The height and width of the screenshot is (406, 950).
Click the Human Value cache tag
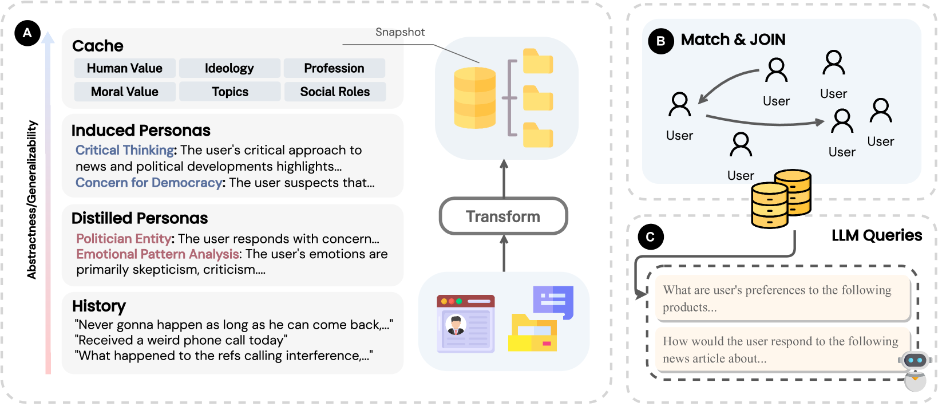125,68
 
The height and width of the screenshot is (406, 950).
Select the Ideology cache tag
229,68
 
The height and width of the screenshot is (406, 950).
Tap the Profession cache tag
334,68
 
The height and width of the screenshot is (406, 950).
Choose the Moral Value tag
125,92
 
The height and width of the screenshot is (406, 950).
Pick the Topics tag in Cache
230,92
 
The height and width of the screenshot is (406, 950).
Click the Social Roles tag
335,92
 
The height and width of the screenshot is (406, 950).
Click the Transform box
503,216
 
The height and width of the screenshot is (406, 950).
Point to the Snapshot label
400,32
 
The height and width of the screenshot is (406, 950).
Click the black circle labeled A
27,33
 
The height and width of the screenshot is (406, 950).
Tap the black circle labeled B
660,41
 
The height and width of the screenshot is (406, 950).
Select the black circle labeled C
650,237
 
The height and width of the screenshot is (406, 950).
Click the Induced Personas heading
141,131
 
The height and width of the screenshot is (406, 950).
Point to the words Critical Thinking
125,150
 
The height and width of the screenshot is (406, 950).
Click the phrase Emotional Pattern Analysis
157,254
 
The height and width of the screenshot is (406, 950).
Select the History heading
99,306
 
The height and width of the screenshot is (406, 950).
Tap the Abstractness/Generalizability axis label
32,200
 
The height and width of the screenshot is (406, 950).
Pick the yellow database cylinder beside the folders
474,97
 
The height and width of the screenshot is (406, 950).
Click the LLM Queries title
876,235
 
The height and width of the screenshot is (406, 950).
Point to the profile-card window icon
466,324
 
